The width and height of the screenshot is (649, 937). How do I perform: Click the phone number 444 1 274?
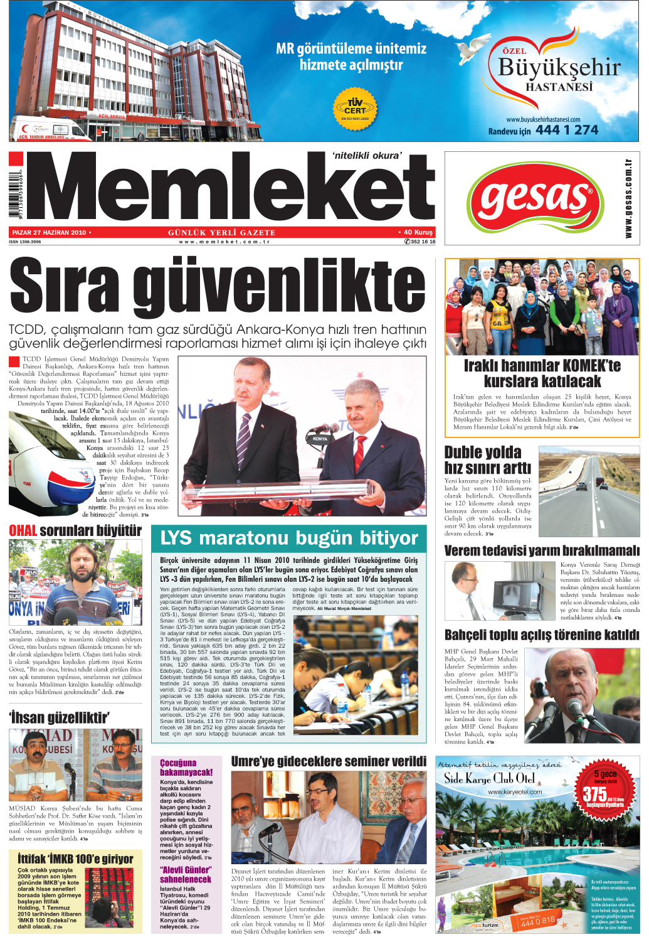point(567,130)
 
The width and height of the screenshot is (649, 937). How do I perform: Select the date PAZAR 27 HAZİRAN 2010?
point(49,232)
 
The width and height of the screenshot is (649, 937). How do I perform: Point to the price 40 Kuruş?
point(417,232)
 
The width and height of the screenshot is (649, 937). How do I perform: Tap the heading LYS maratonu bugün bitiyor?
point(288,538)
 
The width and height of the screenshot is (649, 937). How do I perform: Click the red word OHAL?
point(23,531)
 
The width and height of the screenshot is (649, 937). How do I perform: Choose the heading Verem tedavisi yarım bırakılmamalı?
point(542,551)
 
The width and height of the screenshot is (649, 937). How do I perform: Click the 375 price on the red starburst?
point(594,795)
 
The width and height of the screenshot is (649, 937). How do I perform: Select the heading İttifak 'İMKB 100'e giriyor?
point(75,859)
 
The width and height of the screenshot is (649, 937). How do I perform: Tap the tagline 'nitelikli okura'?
point(367,156)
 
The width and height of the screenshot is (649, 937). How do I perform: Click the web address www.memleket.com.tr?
point(224,242)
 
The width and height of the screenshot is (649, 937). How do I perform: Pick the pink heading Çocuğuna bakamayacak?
point(186,768)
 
